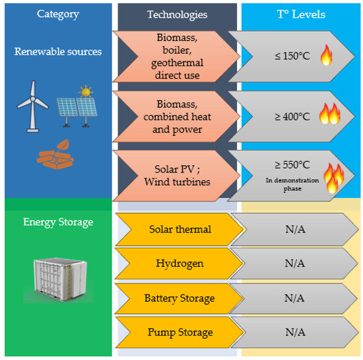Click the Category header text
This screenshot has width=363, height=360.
point(57,14)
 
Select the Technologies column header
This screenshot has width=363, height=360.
point(177,14)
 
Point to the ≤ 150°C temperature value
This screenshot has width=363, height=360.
point(292,56)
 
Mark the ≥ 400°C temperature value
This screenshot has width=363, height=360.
point(292,116)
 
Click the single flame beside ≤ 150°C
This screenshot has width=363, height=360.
point(326,55)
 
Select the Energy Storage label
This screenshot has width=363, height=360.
point(58,222)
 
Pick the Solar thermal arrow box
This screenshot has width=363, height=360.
point(178,229)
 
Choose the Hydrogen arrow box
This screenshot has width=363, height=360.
point(178,263)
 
